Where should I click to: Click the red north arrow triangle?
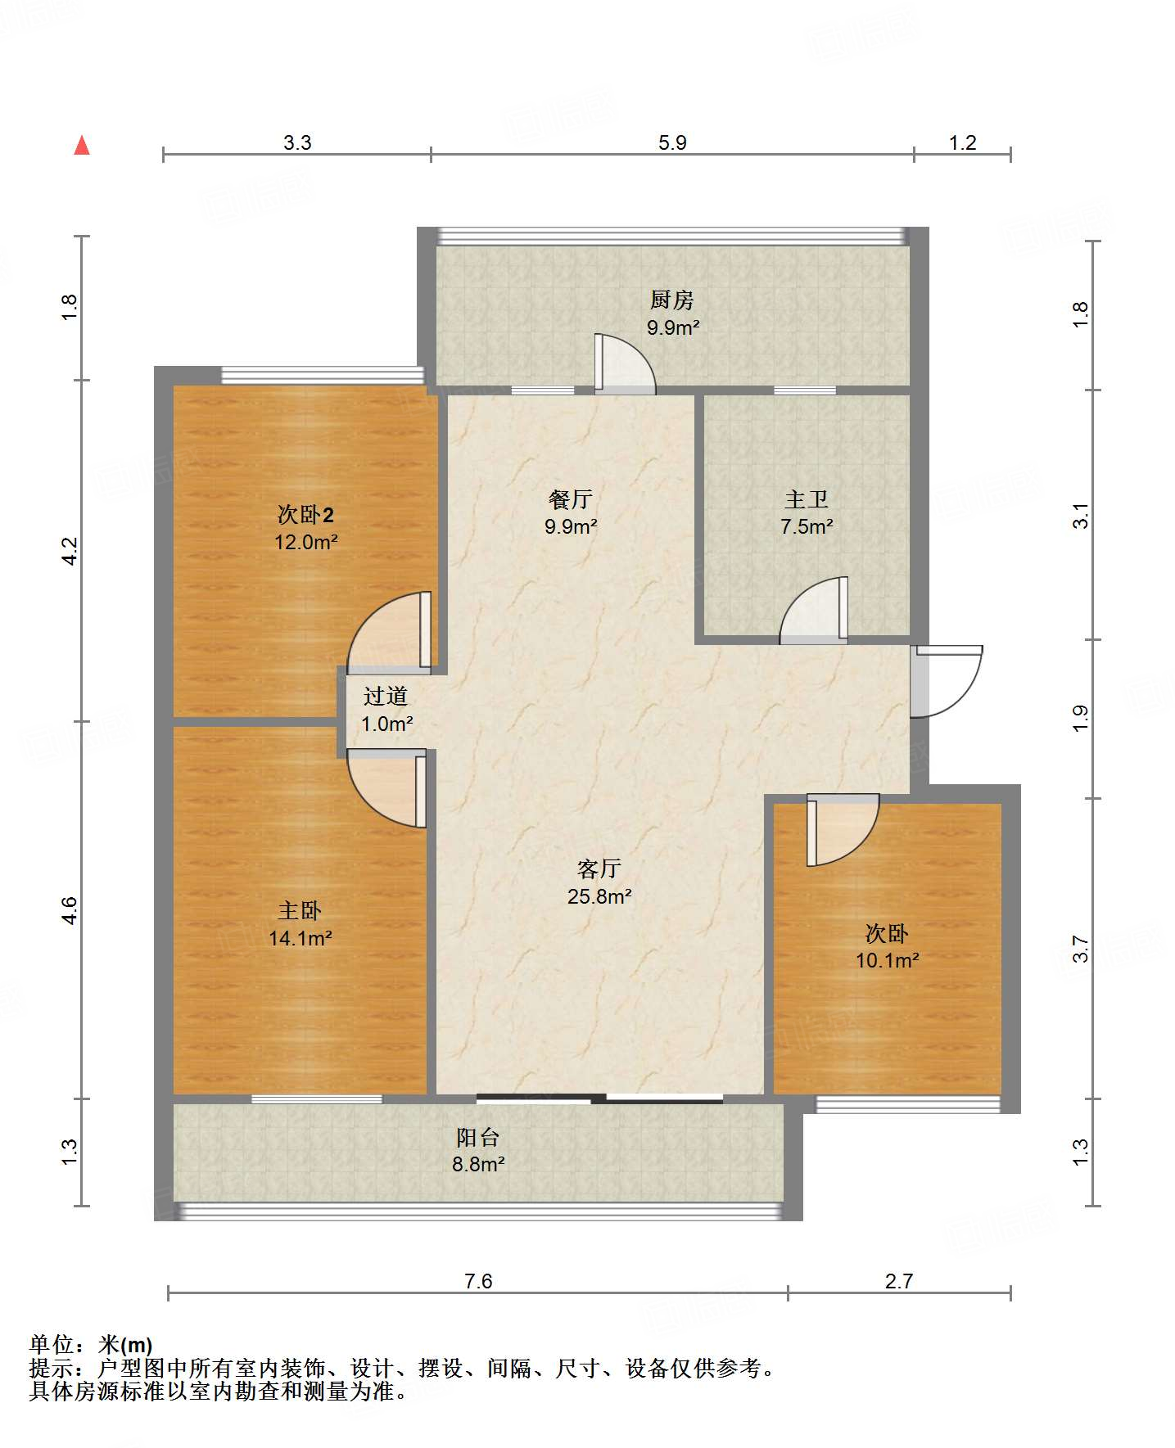click(82, 146)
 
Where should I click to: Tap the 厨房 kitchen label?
click(671, 300)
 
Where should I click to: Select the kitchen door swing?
click(625, 366)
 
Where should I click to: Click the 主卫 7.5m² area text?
click(807, 526)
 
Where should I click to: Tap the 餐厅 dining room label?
click(570, 499)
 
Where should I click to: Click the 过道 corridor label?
click(385, 697)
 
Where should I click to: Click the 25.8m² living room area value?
click(599, 896)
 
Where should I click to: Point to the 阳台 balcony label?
click(477, 1137)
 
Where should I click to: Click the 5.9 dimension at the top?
click(672, 142)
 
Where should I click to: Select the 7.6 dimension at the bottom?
click(478, 1281)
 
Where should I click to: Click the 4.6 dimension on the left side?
click(70, 910)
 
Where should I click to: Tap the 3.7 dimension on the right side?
click(1080, 949)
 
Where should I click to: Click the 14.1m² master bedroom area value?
click(301, 938)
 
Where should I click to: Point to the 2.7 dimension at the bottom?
click(898, 1281)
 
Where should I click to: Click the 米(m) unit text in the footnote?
click(125, 1344)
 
